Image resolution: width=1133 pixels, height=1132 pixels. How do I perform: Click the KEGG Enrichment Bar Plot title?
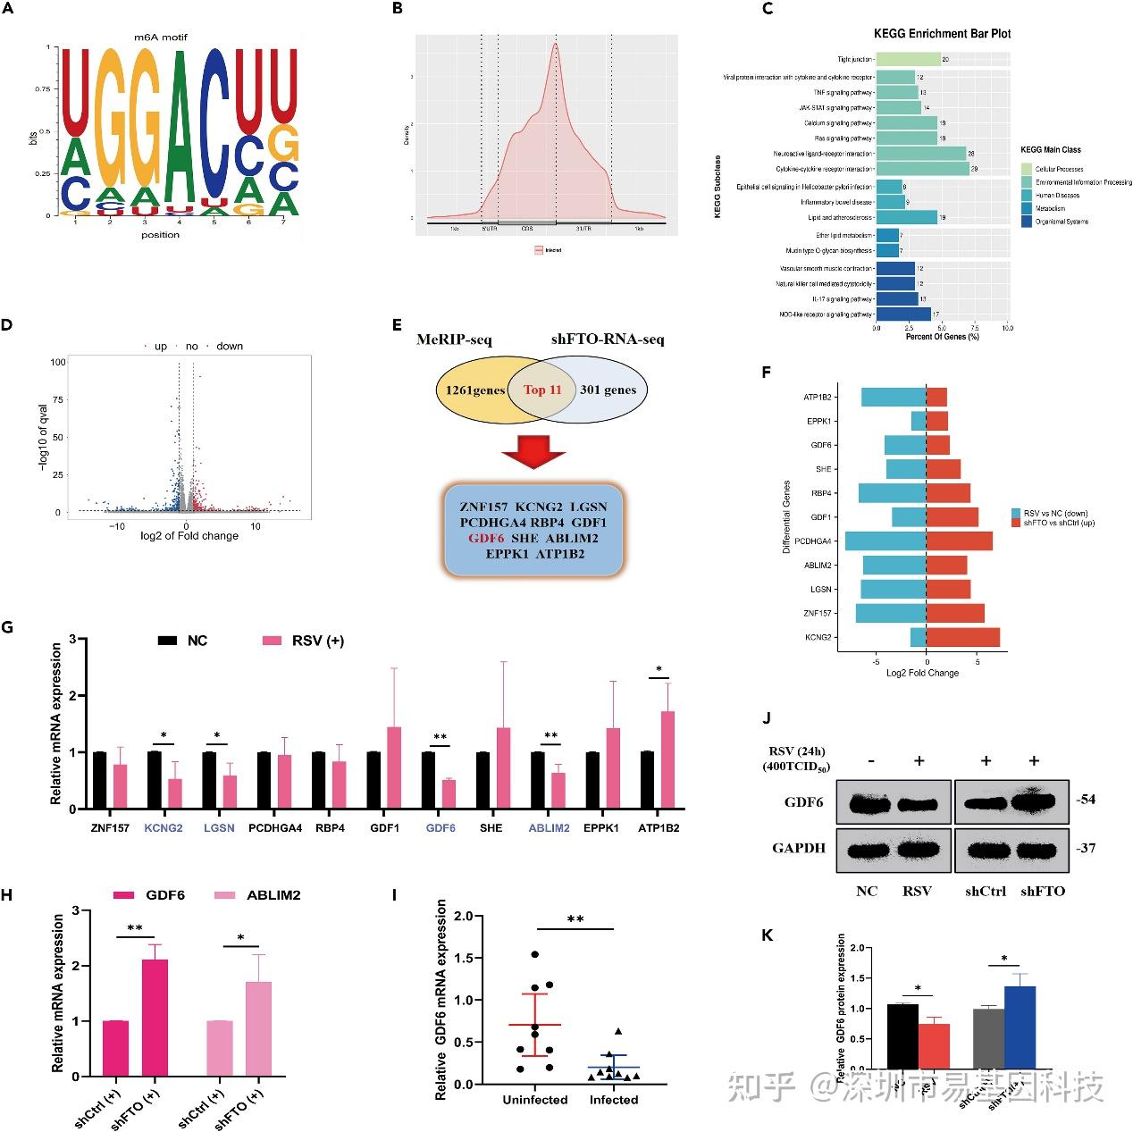tap(942, 33)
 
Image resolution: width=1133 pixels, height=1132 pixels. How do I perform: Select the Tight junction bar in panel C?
tap(908, 59)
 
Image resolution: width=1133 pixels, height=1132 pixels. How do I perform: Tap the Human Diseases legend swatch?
tap(1027, 195)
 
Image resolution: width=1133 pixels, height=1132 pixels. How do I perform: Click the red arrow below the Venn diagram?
tap(533, 452)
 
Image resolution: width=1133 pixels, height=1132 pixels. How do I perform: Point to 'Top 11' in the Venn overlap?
tap(542, 390)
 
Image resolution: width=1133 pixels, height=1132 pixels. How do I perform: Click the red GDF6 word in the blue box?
tap(486, 538)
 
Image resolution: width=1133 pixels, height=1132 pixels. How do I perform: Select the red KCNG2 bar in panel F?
tap(962, 637)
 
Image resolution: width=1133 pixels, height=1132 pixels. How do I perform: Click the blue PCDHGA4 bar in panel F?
tap(885, 541)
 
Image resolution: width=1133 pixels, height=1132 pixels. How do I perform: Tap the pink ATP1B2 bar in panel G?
tap(667, 759)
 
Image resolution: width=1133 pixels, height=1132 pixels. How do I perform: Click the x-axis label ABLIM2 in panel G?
tap(549, 828)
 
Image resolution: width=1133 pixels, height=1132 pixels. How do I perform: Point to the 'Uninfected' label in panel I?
tap(535, 1100)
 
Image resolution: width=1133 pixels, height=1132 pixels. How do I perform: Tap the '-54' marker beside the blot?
tap(1086, 800)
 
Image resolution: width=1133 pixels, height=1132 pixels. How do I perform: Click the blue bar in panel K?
tap(1020, 1027)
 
